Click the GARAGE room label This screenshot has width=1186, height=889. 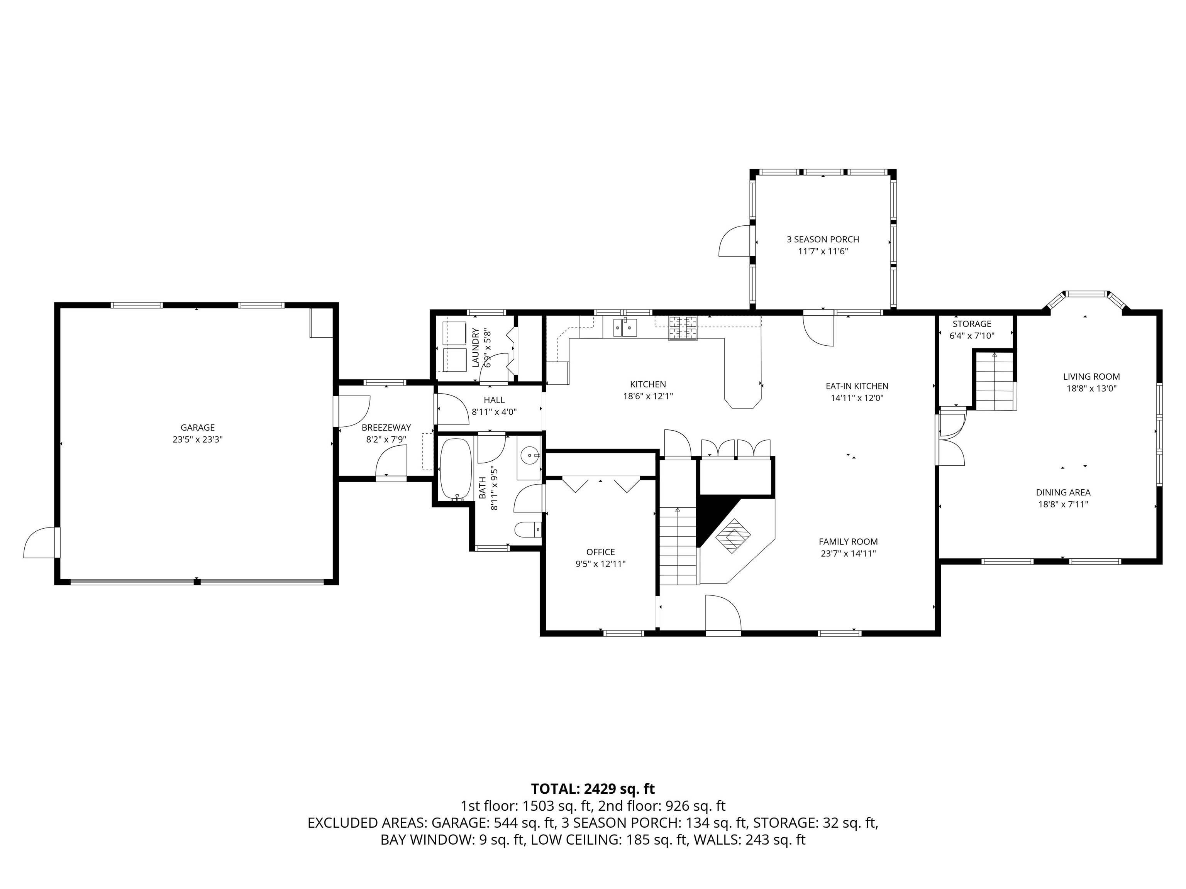click(197, 428)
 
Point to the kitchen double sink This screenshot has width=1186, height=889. click(625, 326)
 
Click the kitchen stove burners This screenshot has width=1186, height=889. click(683, 328)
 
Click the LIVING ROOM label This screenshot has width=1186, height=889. click(1091, 377)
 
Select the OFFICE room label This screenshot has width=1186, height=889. click(600, 552)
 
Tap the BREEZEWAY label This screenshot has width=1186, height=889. click(386, 428)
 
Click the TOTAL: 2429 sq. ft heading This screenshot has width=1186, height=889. click(593, 789)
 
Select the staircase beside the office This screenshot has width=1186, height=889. click(678, 547)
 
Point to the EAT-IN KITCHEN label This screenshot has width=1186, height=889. click(857, 386)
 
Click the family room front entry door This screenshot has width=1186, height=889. click(722, 614)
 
